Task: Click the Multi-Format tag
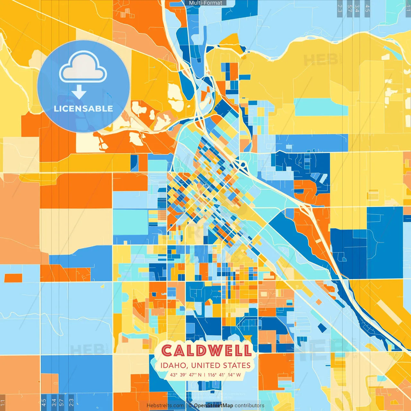tap(205, 3)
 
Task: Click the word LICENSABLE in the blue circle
tap(83, 109)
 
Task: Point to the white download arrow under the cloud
tap(79, 92)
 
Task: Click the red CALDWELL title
tap(206, 351)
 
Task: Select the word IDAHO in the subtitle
tap(173, 365)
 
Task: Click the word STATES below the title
tap(237, 365)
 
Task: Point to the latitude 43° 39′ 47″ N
tap(186, 375)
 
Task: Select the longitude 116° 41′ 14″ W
tap(224, 375)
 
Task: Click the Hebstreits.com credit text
tap(165, 406)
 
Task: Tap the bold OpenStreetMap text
tap(214, 406)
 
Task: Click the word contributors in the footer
tap(249, 406)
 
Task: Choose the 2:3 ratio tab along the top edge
tap(340, 8)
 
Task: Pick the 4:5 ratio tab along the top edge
tap(367, 8)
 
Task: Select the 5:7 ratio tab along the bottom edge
tap(62, 403)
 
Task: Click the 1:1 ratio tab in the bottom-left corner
tap(3, 403)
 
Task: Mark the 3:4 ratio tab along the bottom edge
tap(54, 403)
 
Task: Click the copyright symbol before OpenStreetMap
tap(190, 406)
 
